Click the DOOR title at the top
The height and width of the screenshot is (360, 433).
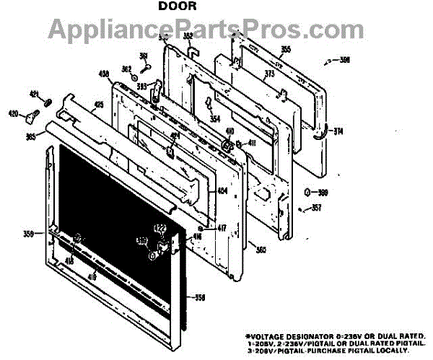[x=174, y=6]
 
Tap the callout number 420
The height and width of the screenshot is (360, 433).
[x=13, y=113]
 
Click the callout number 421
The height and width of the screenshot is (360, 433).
[x=33, y=94]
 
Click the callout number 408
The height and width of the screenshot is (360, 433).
[x=103, y=74]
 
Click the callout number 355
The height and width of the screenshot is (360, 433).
[x=266, y=49]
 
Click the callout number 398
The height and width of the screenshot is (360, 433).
[x=344, y=60]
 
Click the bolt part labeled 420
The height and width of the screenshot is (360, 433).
[x=31, y=114]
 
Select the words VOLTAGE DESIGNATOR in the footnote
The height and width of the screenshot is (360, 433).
[x=284, y=336]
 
